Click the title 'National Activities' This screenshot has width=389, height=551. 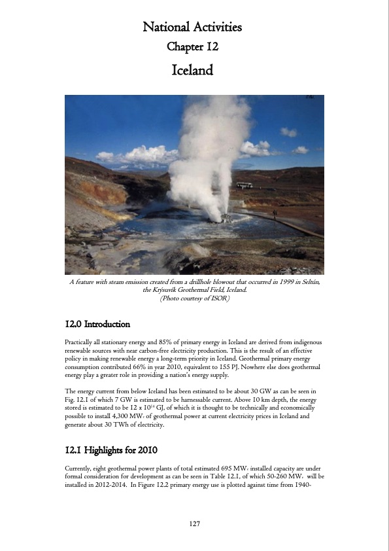coord(192,27)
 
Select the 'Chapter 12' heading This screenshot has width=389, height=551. coord(192,46)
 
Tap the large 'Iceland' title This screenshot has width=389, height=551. coord(192,69)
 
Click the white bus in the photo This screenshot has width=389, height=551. coord(244,185)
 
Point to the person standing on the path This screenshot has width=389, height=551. coord(275,212)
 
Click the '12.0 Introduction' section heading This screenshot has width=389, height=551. coord(97,324)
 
